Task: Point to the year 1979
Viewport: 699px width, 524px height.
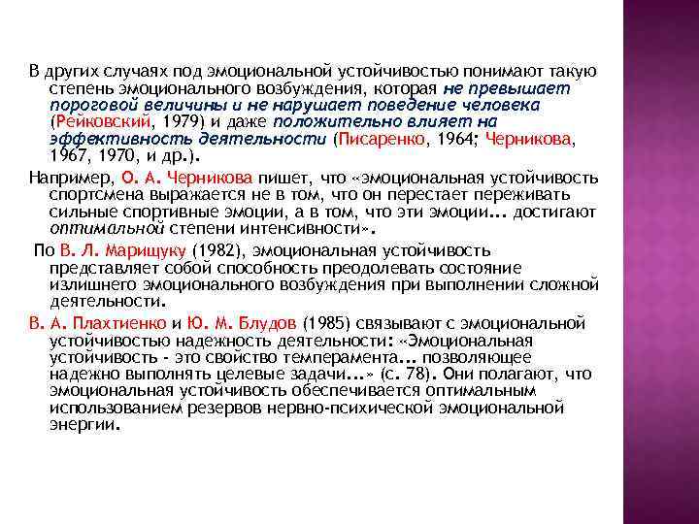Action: click(180, 121)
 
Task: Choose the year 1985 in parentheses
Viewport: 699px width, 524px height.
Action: click(321, 322)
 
